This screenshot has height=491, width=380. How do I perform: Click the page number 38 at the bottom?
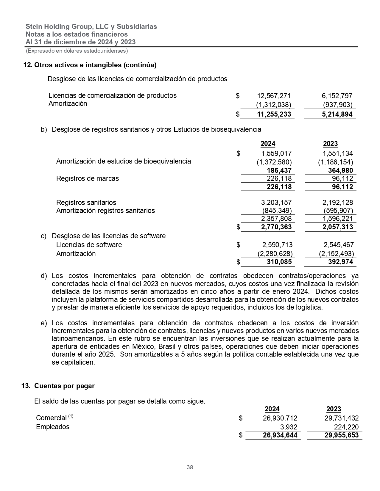pyautogui.click(x=190, y=467)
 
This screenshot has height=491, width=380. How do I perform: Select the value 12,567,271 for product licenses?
pyautogui.click(x=274, y=96)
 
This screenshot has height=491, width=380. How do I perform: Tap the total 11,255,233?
pyautogui.click(x=274, y=114)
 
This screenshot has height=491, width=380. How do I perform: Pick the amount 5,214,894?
pyautogui.click(x=337, y=114)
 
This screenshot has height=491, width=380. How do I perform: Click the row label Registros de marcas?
pyautogui.click(x=88, y=178)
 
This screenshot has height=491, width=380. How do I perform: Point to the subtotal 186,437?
pyautogui.click(x=279, y=170)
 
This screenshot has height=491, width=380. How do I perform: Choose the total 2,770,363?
pyautogui.click(x=276, y=227)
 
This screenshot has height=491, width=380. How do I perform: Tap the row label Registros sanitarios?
pyautogui.click(x=86, y=203)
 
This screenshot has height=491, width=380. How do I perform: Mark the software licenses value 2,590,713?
pyautogui.click(x=277, y=245)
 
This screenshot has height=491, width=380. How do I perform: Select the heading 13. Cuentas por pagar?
pyautogui.click(x=58, y=386)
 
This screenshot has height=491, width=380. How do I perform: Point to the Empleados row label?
pyautogui.click(x=53, y=427)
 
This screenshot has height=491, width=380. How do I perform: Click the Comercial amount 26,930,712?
pyautogui.click(x=280, y=418)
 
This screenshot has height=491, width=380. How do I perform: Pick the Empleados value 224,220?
pyautogui.click(x=346, y=427)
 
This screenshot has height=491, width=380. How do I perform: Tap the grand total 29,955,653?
pyautogui.click(x=341, y=435)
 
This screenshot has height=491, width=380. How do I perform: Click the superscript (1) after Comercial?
pyautogui.click(x=71, y=416)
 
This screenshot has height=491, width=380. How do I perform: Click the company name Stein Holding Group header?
pyautogui.click(x=91, y=26)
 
